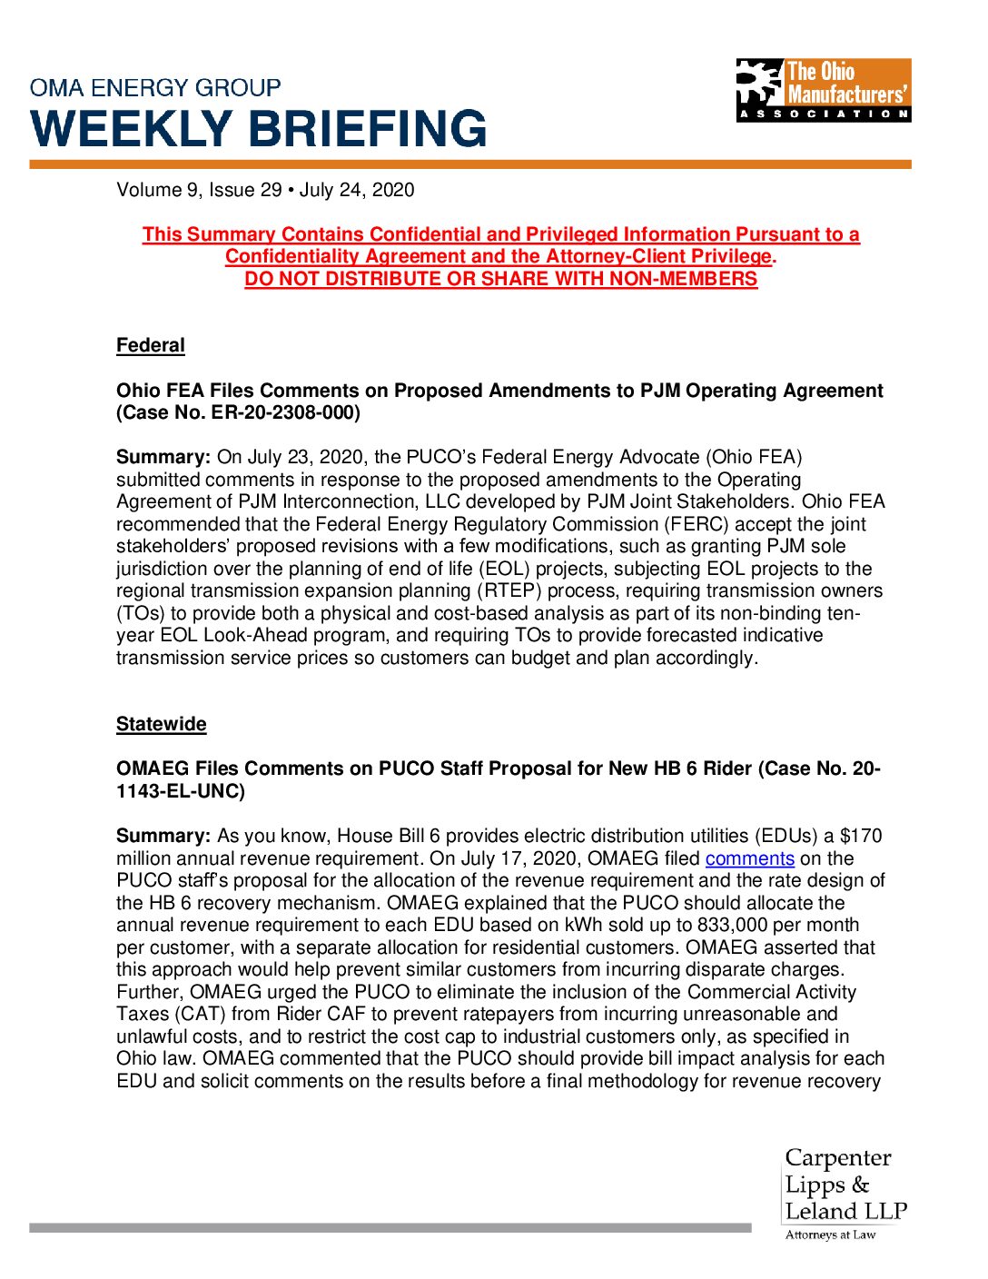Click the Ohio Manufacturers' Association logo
tap(823, 90)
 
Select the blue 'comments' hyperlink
tap(749, 858)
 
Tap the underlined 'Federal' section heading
tap(151, 345)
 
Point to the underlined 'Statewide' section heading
tap(162, 724)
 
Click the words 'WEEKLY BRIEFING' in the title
tap(260, 128)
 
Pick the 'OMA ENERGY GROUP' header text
tap(155, 88)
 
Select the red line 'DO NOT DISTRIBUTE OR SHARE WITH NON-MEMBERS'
tap(500, 279)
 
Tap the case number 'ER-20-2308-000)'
tap(286, 412)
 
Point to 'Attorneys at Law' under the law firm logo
tap(830, 1234)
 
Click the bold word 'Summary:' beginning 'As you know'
tap(163, 836)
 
